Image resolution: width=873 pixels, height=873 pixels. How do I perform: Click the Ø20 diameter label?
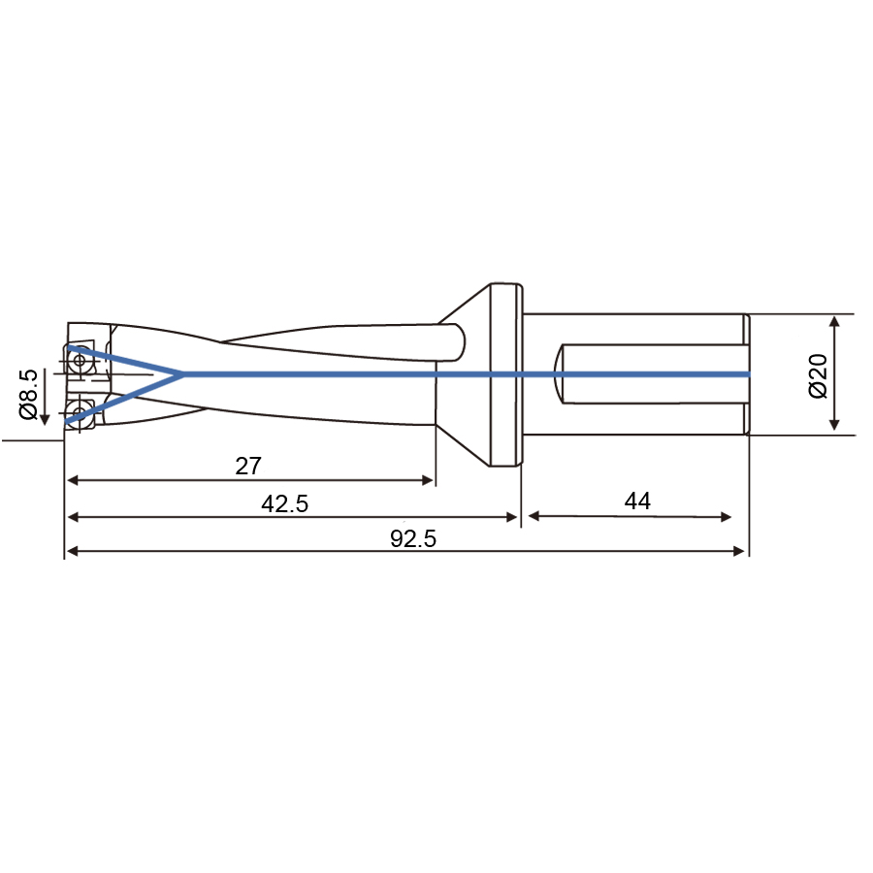coord(818,375)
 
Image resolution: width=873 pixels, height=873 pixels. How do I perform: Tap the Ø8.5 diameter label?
coord(28,394)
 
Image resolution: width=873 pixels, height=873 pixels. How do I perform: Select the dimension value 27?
coord(248,466)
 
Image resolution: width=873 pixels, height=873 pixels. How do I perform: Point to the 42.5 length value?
coord(284,503)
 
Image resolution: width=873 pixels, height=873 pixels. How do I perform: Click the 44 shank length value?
coord(637,501)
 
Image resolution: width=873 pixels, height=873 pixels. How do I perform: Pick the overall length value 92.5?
coord(413,539)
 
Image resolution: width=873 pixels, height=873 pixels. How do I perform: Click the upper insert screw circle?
coord(80,360)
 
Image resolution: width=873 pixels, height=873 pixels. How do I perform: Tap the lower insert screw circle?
coord(80,412)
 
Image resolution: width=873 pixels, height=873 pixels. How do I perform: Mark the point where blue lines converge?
coord(182,374)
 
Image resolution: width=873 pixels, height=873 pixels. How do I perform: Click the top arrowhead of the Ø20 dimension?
coord(834,321)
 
